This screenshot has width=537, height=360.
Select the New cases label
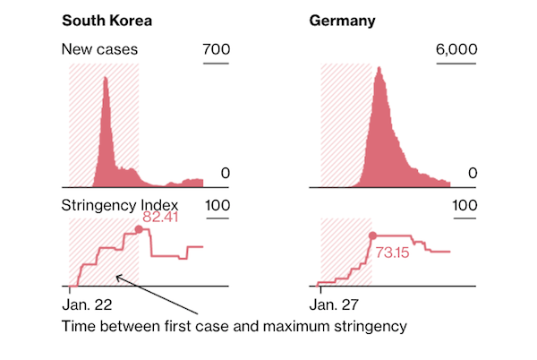pos(99,49)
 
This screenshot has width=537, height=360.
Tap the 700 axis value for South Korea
pos(217,49)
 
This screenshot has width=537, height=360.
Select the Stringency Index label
pos(115,205)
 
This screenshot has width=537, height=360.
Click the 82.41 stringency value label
pos(165,217)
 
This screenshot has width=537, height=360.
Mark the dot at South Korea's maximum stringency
pos(138,230)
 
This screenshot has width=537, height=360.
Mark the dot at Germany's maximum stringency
pos(372,236)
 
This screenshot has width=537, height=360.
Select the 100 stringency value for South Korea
pos(218,205)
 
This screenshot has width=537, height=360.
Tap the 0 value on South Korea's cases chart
pos(226,174)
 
